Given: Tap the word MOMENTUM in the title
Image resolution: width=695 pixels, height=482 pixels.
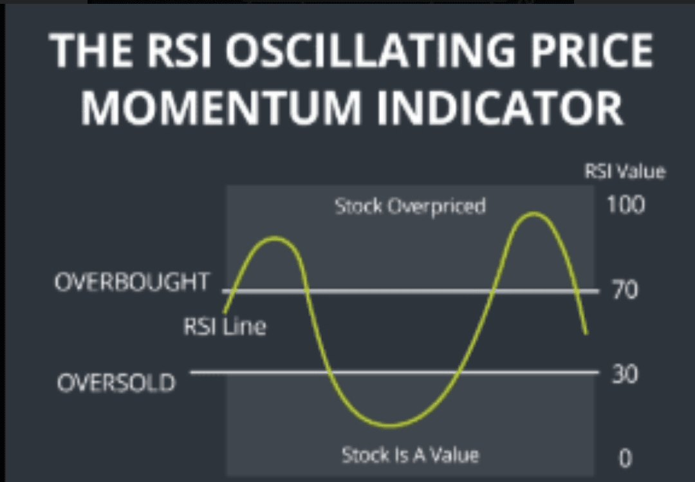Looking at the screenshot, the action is point(221,107).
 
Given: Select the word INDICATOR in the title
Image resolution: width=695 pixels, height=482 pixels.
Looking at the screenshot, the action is point(500,107).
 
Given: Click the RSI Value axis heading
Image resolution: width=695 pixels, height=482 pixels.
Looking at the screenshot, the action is point(625,172).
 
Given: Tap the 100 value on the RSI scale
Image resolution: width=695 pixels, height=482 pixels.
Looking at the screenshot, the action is point(625,205).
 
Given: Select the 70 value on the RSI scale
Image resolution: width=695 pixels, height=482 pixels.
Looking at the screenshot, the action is point(625,290).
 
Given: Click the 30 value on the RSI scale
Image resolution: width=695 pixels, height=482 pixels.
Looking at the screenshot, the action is point(625,374).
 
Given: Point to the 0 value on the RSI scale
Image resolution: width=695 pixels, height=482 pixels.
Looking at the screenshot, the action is point(625,458).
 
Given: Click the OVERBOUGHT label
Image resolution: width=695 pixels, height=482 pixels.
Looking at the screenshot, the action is point(132,282).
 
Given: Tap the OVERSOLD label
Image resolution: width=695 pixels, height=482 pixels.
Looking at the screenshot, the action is point(116,383).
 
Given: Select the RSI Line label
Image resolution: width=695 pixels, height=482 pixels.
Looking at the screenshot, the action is point(225,327).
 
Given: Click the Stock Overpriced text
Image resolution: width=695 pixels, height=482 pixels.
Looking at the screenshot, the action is point(410,206).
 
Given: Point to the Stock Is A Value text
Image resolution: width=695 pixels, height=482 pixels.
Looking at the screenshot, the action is point(410,455).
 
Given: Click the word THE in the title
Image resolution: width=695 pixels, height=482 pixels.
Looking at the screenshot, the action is point(90,50).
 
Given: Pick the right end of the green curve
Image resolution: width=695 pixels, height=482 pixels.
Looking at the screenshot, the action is point(587,333).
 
